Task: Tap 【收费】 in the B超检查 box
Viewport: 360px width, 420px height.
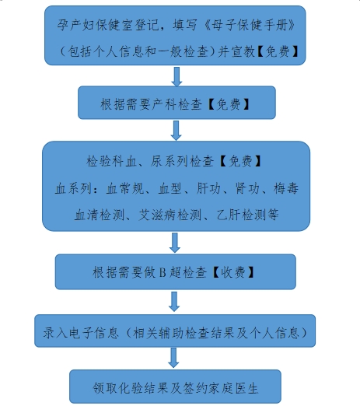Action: point(232,272)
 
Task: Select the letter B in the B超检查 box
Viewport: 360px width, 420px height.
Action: point(163,272)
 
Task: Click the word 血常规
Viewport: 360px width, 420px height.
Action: point(125,188)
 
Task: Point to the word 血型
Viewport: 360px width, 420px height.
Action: point(170,188)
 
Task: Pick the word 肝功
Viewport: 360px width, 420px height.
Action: point(208,188)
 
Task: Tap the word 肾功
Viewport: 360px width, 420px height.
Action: point(247,188)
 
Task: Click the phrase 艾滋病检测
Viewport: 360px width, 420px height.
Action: point(170,215)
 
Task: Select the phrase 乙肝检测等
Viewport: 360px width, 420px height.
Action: point(247,215)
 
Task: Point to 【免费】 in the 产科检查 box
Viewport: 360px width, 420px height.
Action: point(229,104)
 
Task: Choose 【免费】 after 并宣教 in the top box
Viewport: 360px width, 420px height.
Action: point(278,51)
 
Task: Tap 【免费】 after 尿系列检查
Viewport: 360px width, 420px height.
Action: point(240,161)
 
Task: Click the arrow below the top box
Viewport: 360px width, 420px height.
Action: point(177,76)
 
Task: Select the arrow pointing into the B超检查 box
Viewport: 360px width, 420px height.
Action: point(175,243)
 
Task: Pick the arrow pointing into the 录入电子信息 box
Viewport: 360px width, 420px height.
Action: point(174,302)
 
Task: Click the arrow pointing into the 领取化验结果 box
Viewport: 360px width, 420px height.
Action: point(173,358)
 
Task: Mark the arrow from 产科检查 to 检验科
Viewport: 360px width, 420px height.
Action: point(176,131)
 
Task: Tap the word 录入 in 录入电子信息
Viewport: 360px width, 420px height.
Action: point(55,333)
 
